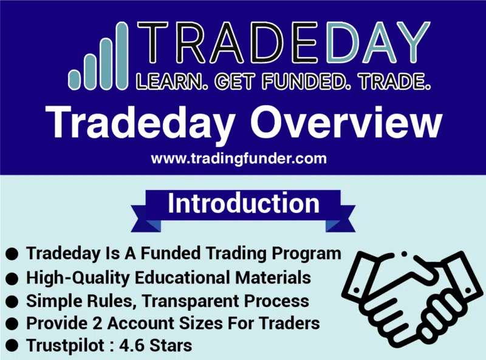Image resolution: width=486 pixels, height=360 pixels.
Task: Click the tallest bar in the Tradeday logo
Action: click(122, 56)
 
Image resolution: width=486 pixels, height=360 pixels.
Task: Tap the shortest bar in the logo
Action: click(74, 80)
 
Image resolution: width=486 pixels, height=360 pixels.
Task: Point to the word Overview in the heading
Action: click(346, 123)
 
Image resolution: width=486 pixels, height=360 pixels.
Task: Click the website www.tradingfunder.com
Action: click(239, 158)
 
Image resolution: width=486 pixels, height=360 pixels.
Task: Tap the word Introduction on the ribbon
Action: click(244, 203)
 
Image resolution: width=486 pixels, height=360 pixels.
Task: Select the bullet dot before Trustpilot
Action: click(12, 345)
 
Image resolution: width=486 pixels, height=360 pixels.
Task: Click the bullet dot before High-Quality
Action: click(12, 278)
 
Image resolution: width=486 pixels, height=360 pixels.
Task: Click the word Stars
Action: click(171, 345)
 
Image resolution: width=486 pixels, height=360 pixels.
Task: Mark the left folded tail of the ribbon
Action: click(146, 219)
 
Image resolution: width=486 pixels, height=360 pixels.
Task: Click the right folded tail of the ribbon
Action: click(340, 219)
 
